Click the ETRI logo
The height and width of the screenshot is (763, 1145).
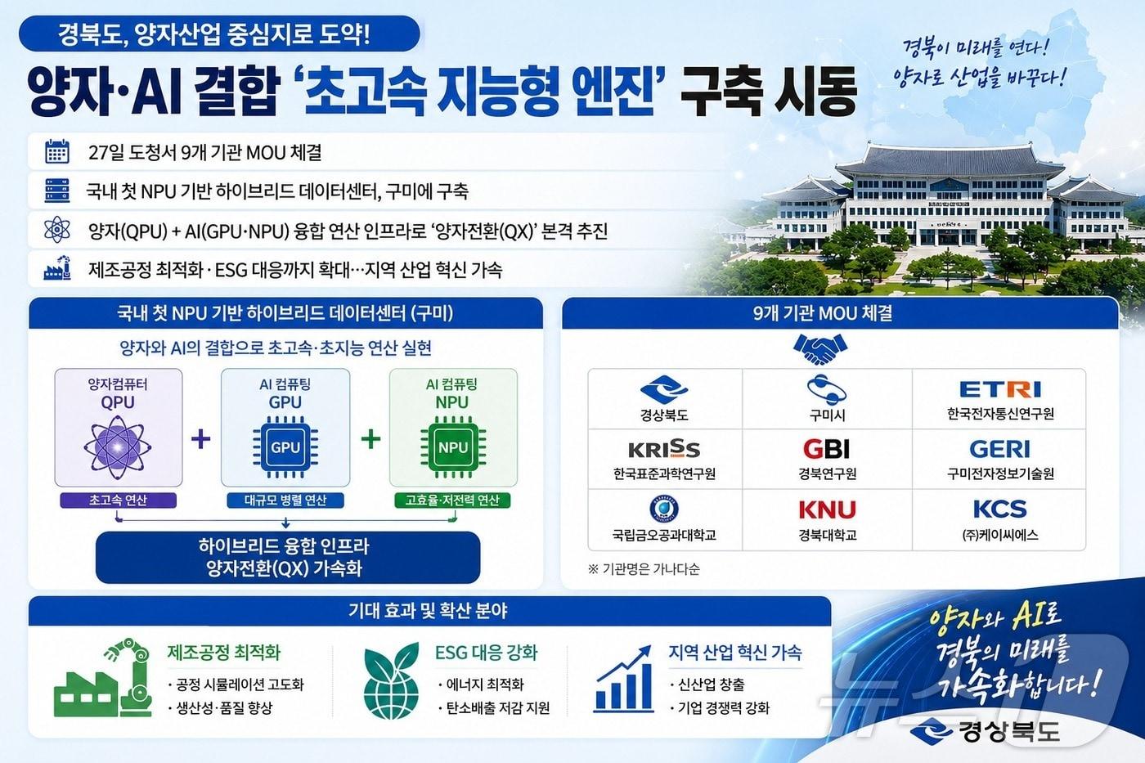point(999,389)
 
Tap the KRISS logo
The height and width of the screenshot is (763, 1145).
point(663,449)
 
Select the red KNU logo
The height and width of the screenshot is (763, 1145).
point(827,509)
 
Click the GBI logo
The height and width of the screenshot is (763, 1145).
point(826,449)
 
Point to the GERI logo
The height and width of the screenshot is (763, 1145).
point(999,449)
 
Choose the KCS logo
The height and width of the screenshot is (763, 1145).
point(999,509)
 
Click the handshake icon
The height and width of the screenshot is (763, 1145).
point(819,349)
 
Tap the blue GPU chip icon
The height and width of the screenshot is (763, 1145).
point(285,447)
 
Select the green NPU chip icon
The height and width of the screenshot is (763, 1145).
point(452,447)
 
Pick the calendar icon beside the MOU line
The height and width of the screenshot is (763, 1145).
point(57,152)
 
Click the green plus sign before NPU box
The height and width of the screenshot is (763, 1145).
point(370,439)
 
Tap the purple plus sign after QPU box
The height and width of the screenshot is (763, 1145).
point(200,439)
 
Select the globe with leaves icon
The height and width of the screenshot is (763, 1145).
point(391,680)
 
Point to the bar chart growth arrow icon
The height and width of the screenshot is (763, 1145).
point(625,678)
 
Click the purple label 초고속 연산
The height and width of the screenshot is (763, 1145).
point(118,500)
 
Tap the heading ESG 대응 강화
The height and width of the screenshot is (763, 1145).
point(486,653)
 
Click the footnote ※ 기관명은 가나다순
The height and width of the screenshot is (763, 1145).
point(644,568)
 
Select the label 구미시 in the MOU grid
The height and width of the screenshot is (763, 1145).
point(827,415)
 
